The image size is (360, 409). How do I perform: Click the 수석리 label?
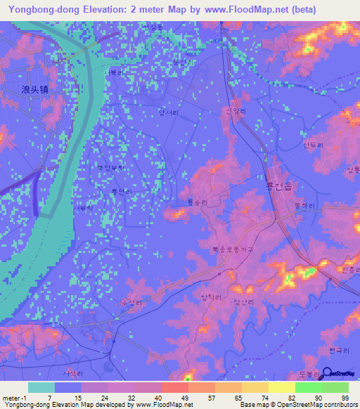point(132,302)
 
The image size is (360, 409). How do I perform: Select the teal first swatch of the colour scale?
point(41,387)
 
